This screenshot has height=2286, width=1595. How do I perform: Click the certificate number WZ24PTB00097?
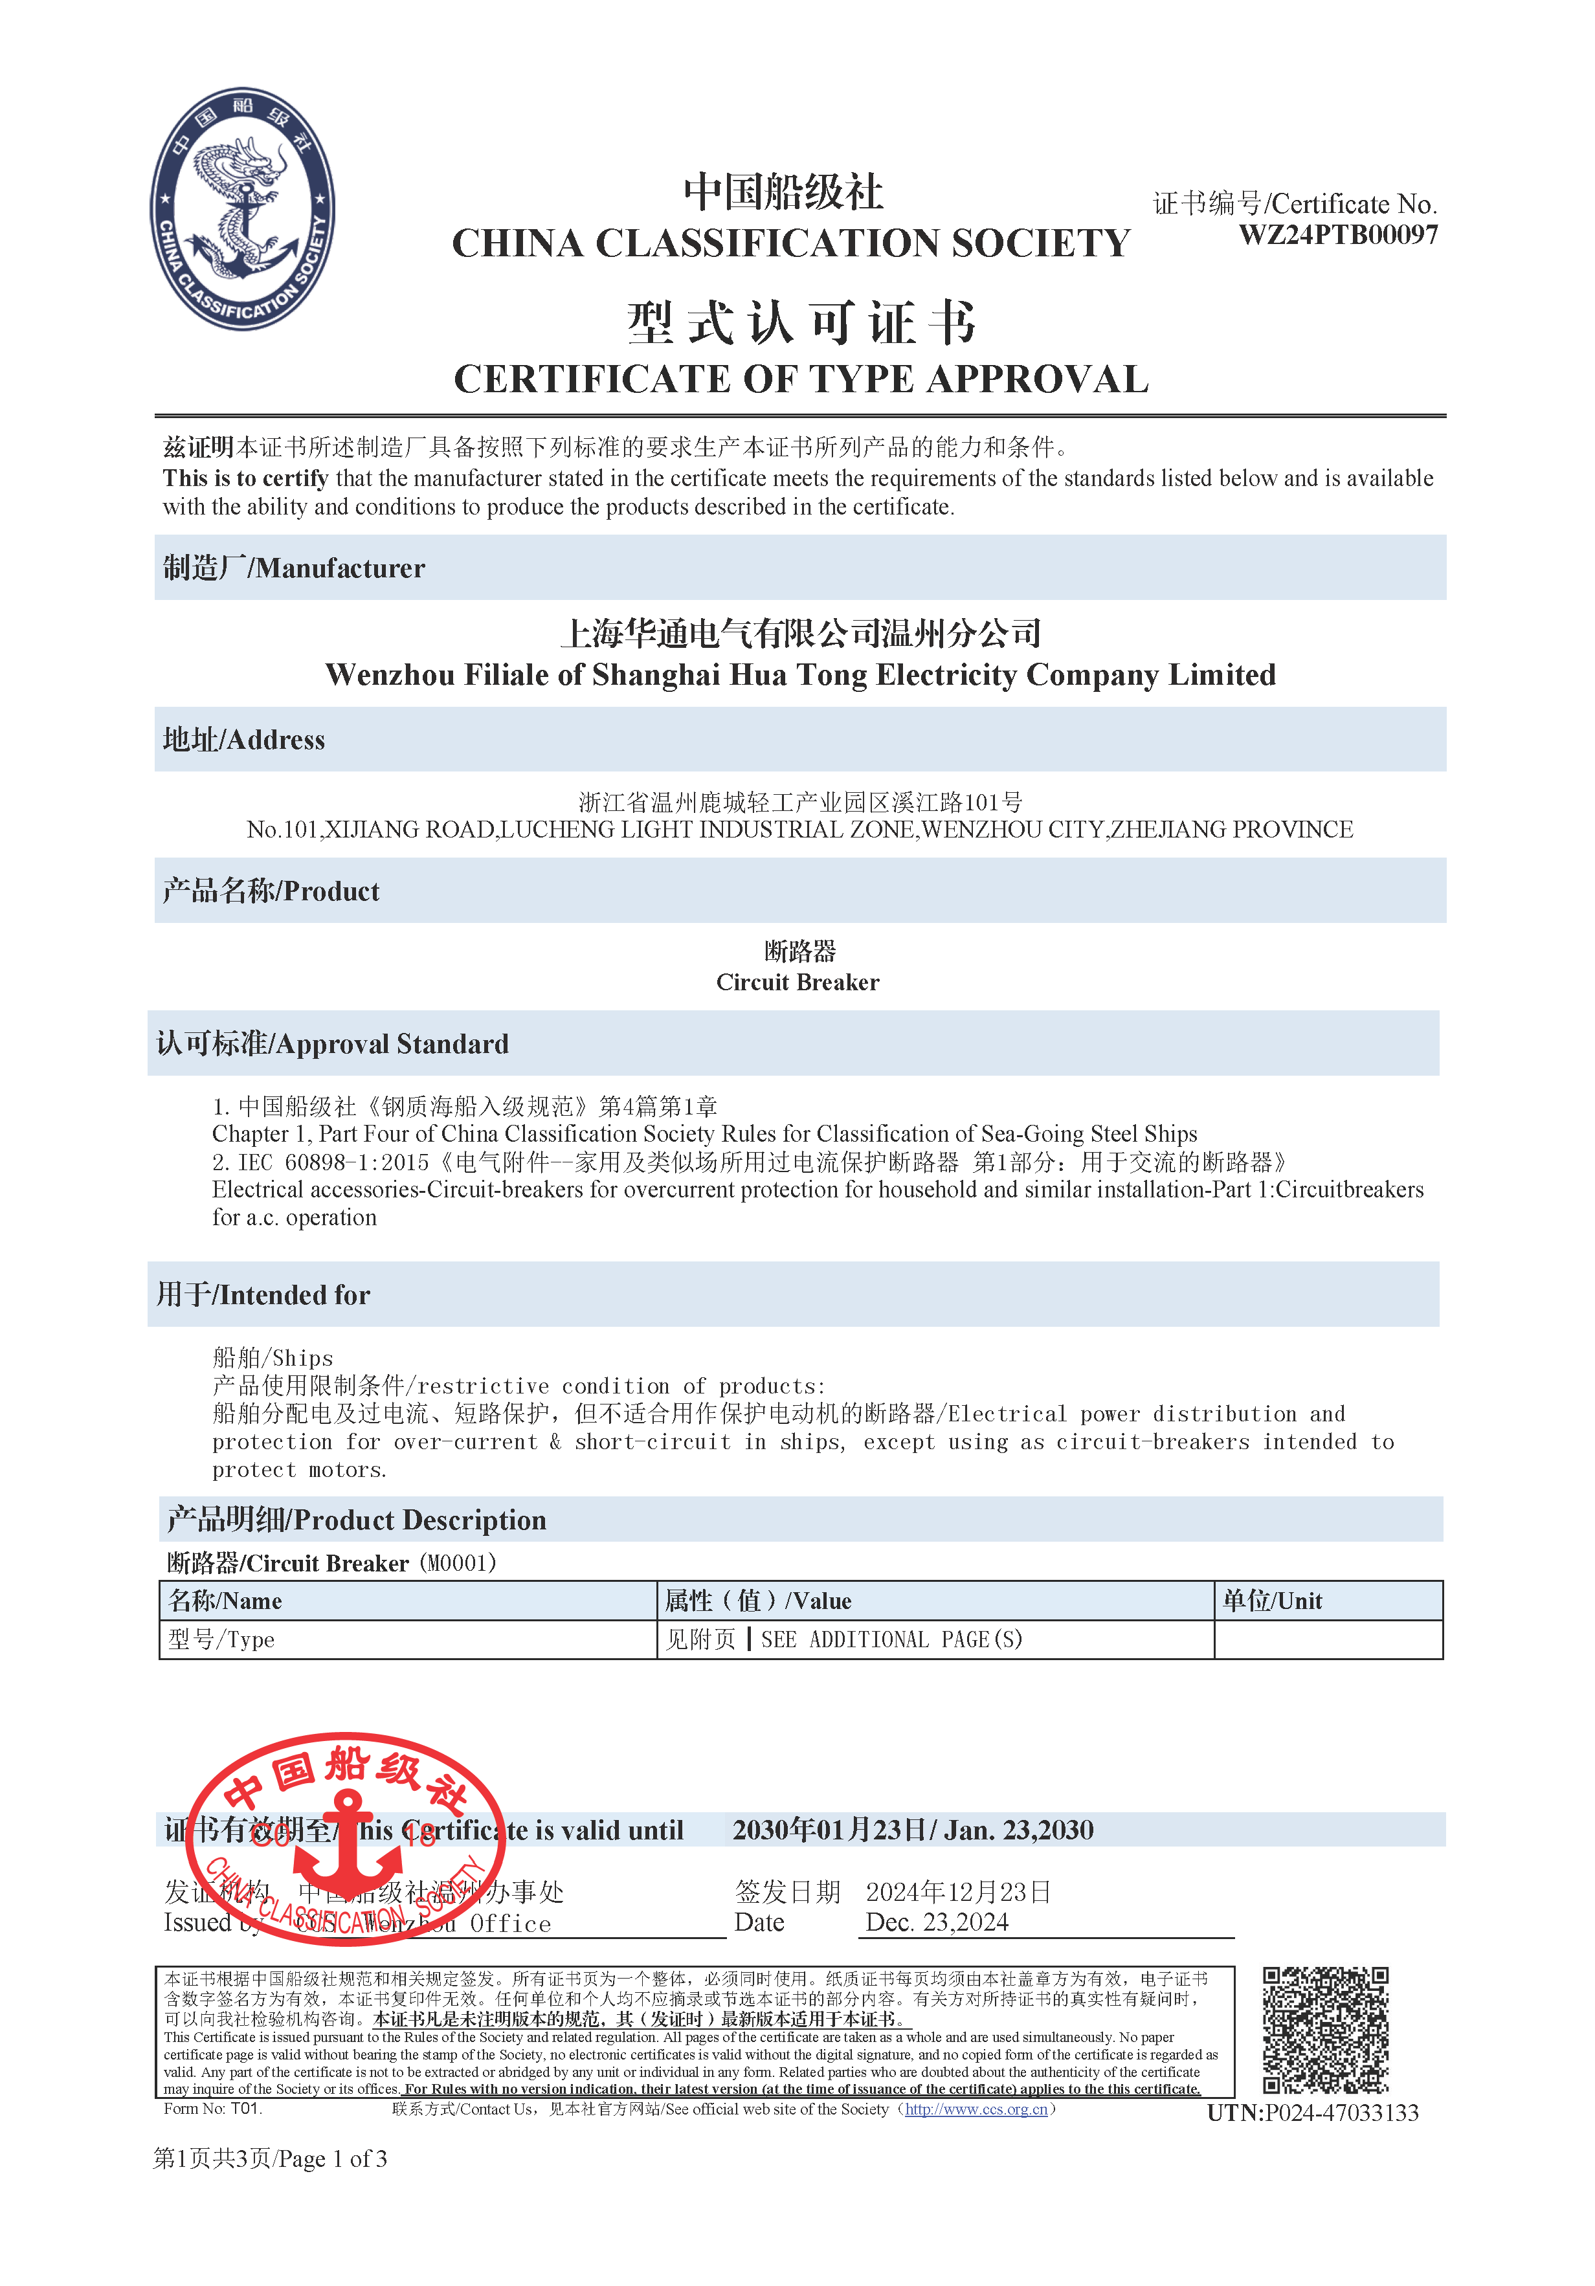[1337, 235]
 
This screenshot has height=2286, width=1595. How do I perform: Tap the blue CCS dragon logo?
[243, 209]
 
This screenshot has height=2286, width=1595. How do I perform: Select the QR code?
[1325, 2029]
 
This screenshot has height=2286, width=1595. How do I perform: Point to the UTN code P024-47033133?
[1312, 2113]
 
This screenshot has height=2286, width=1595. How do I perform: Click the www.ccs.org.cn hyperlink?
[976, 2109]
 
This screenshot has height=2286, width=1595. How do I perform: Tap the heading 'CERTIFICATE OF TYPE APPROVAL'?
[801, 379]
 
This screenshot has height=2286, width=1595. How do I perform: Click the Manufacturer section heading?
[295, 568]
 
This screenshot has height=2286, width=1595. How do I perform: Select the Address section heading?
[244, 740]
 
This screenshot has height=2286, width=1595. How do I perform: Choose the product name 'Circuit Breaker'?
[797, 982]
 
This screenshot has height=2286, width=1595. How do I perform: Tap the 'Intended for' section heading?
[264, 1294]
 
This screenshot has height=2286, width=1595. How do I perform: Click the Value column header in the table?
[757, 1601]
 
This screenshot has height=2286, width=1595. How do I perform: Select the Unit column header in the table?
[1271, 1601]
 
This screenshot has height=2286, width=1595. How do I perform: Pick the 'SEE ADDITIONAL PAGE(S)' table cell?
[891, 1640]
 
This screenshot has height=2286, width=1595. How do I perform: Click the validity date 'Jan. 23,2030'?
[1018, 1830]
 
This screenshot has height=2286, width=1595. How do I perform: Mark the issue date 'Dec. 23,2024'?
[937, 1923]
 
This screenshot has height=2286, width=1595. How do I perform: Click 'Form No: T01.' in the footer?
[213, 2109]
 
